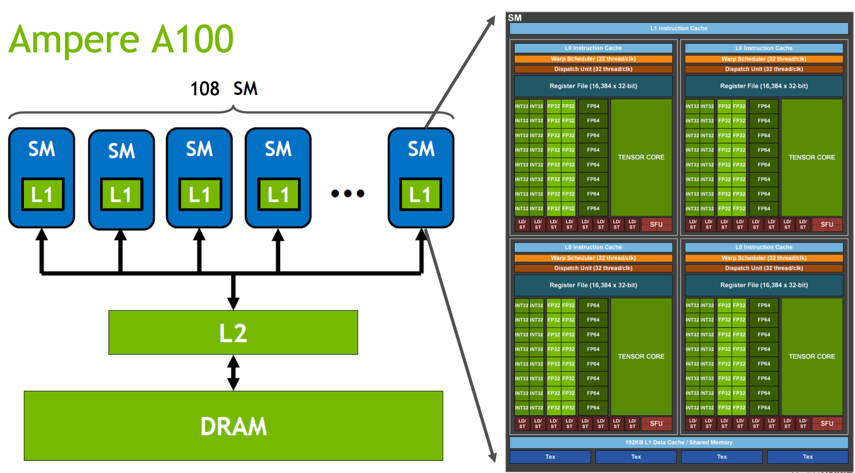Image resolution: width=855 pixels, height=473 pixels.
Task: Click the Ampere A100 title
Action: click(121, 39)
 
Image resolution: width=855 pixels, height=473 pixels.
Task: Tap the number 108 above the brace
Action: click(205, 88)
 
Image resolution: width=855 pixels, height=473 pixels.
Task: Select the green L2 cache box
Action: click(233, 332)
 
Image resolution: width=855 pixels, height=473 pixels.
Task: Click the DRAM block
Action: click(233, 425)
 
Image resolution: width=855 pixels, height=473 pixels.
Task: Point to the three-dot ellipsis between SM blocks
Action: click(348, 193)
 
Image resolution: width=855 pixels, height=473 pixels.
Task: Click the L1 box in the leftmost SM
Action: click(43, 194)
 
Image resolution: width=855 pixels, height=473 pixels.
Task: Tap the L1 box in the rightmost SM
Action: click(420, 194)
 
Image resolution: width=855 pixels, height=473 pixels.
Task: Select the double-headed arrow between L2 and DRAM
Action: click(233, 373)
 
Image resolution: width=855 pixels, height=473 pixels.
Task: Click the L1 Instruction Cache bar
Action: click(679, 29)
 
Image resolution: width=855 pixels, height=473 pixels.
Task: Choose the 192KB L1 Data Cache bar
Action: click(679, 442)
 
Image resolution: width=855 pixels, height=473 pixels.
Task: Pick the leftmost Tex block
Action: click(550, 457)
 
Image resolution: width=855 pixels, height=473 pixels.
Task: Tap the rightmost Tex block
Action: click(808, 457)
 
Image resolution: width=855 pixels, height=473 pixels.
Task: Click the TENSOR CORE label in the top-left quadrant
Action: click(641, 158)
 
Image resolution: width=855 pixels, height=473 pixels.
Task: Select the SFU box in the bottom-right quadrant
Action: click(827, 423)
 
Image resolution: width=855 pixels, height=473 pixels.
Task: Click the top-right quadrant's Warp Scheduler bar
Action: click(764, 59)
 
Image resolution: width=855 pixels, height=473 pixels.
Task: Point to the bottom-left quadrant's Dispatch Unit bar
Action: click(593, 268)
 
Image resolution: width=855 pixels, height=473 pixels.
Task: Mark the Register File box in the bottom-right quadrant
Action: click(764, 285)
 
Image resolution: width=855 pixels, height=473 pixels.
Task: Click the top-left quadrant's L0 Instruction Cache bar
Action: click(593, 48)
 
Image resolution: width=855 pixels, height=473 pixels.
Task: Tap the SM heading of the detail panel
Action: click(515, 18)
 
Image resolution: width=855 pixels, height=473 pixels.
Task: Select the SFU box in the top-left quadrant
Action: click(656, 224)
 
